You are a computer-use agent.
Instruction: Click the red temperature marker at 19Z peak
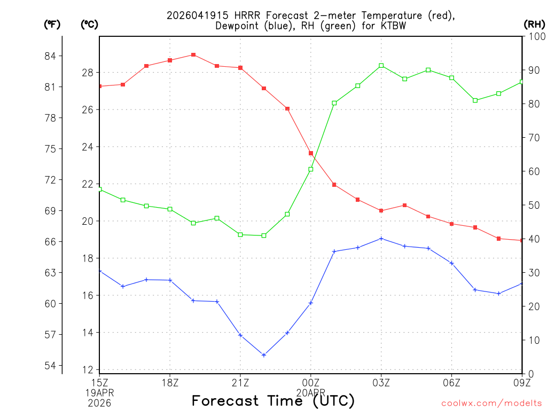[x=193, y=55]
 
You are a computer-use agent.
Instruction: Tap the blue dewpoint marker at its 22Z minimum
[x=264, y=355]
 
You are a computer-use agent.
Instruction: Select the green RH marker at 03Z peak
[x=381, y=66]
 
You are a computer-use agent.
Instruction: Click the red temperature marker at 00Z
[x=311, y=153]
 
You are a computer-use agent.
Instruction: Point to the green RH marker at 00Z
[x=311, y=169]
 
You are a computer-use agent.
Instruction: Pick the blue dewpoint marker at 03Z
[x=381, y=239]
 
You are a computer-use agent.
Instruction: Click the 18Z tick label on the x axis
[x=170, y=382]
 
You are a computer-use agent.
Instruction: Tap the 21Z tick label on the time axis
[x=240, y=382]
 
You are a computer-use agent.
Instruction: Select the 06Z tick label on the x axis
[x=452, y=382]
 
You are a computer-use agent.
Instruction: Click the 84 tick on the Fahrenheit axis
[x=53, y=56]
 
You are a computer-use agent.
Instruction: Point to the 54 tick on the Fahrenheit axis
[x=53, y=366]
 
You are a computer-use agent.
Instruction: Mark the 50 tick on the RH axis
[x=534, y=205]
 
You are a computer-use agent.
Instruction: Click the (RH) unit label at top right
[x=534, y=24]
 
